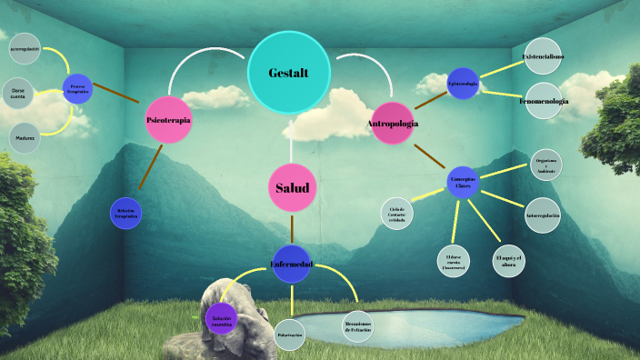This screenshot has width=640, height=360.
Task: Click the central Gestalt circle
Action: tap(289, 72)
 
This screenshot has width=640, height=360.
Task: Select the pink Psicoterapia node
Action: tap(168, 119)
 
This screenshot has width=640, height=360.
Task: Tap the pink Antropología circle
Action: tap(392, 123)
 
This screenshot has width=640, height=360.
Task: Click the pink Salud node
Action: tap(293, 188)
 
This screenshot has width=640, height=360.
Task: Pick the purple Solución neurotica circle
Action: tap(222, 319)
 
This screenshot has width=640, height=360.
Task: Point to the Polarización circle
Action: tap(289, 334)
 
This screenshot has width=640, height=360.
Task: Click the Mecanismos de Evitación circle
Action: tap(358, 326)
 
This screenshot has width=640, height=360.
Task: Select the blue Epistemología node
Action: tap(463, 84)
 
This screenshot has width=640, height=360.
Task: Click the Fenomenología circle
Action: tap(544, 101)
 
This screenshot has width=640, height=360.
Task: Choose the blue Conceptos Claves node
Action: tap(463, 182)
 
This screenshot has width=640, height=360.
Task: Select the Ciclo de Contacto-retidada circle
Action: tap(396, 214)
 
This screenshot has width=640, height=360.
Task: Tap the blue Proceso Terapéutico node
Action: tap(77, 89)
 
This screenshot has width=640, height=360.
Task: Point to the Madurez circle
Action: tap(25, 138)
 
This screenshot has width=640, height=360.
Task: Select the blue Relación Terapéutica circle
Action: tap(126, 214)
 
